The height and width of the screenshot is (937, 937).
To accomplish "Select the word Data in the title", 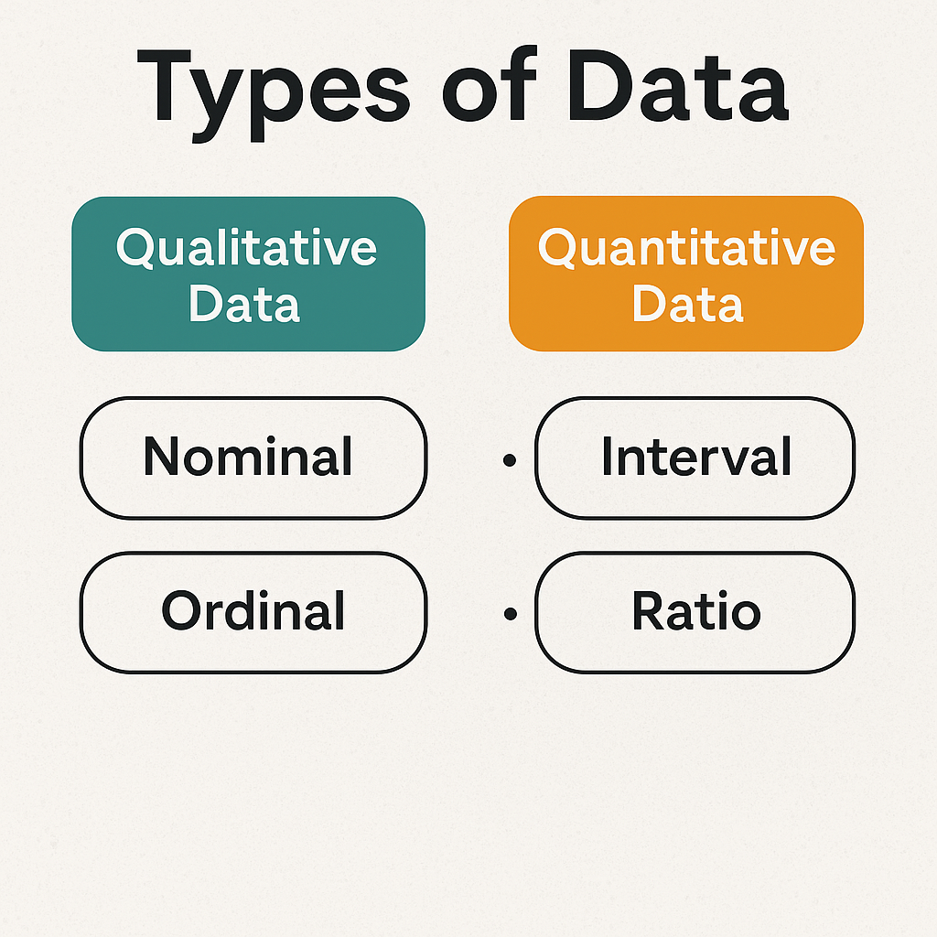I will tap(677, 87).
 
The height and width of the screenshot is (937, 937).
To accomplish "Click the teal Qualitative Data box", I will tap(248, 274).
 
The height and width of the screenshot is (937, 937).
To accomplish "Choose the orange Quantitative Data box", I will tap(686, 274).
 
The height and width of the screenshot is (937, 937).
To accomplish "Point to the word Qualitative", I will tap(247, 247).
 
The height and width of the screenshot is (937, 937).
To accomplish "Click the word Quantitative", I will tap(686, 247).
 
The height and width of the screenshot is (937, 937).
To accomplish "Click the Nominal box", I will tap(253, 457).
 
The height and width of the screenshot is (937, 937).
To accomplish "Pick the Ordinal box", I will tap(253, 611).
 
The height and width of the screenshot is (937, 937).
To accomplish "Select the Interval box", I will tap(695, 457).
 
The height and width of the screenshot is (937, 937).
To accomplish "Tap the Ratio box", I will tap(695, 611).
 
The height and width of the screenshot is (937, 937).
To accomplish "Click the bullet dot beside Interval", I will tap(510, 459).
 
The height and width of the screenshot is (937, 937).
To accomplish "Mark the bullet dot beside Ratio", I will tap(510, 614).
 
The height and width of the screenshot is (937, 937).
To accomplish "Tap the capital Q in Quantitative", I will tap(557, 248).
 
